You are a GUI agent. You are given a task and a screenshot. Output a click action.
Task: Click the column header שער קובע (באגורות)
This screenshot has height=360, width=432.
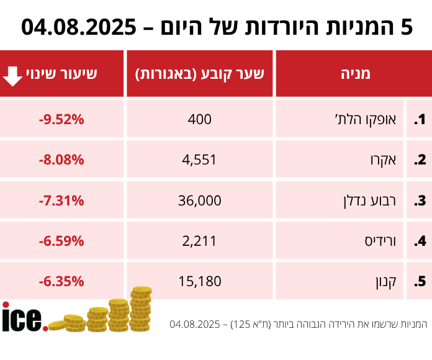coord(200,74)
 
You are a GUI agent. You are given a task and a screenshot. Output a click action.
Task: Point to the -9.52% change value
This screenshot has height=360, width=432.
coord(61,119)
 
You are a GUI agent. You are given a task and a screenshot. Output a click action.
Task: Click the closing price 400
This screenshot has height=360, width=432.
coord(200,119)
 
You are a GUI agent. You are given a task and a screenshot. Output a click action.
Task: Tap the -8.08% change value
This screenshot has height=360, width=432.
coord(61,160)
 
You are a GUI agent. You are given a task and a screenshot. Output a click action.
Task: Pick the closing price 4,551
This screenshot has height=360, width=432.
coord(200,160)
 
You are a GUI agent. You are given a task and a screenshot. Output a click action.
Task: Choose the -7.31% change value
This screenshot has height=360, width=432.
coord(61,200)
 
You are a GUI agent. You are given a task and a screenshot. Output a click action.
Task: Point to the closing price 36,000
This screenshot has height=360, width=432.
coord(200,200)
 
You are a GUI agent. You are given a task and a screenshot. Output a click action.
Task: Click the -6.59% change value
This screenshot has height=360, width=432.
coord(61,240)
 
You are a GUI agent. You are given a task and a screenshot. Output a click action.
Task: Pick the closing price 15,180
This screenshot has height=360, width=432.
coord(200,281)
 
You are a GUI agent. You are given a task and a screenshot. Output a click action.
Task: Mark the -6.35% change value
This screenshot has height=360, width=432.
coord(61,281)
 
